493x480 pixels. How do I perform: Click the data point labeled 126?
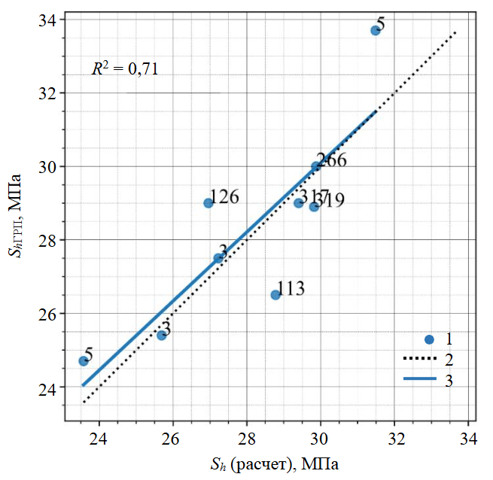(208, 202)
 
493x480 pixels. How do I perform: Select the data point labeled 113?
(275, 294)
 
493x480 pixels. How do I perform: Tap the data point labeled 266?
(316, 166)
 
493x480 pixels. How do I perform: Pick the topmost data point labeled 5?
(376, 30)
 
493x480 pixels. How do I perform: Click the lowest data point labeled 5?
(84, 360)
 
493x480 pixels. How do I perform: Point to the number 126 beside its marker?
(224, 197)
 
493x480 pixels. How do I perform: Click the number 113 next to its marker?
(291, 288)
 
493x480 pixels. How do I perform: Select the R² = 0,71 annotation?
(125, 69)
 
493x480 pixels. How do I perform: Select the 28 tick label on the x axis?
(246, 438)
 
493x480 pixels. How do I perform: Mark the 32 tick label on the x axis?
(394, 438)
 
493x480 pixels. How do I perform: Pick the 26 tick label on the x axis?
(172, 438)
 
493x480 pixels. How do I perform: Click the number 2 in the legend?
(449, 359)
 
